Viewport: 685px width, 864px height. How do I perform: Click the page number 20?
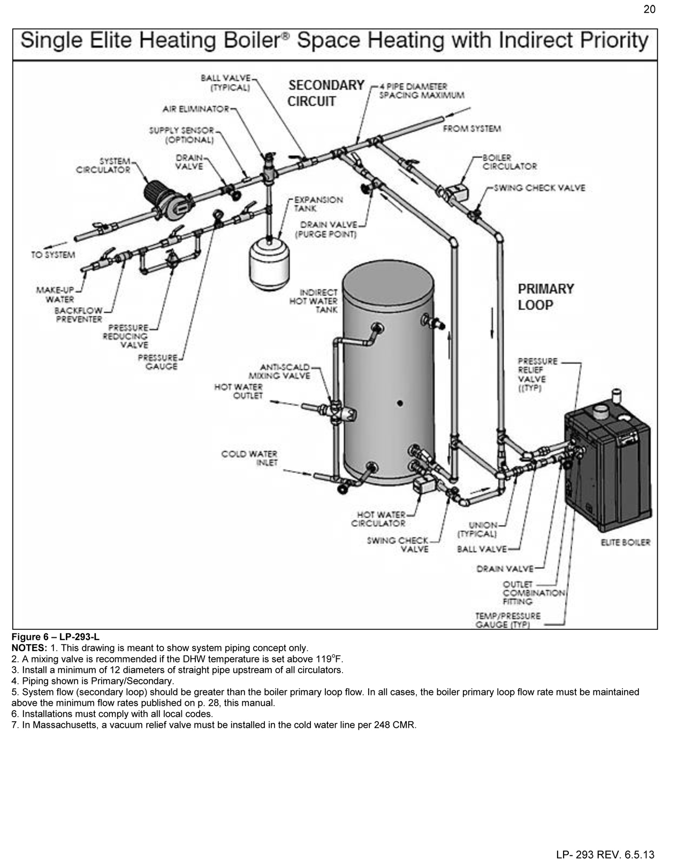pos(649,9)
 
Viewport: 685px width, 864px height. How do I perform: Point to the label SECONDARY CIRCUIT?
pos(325,93)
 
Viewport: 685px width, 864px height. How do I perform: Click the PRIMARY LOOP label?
pos(545,297)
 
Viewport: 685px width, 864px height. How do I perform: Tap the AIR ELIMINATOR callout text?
pos(196,109)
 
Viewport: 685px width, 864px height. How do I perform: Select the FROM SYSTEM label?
pos(471,129)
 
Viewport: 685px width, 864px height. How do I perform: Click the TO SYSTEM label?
pos(52,255)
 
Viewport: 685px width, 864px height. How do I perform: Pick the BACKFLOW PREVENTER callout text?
pos(78,315)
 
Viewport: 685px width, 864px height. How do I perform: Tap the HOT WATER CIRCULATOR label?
pos(378,519)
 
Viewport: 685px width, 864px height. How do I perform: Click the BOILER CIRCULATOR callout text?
pos(509,162)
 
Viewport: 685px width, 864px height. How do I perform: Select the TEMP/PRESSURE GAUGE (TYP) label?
pos(508,620)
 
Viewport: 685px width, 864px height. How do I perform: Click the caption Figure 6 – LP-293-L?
pos(55,637)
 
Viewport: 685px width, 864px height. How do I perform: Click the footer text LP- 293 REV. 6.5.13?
pos(605,854)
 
